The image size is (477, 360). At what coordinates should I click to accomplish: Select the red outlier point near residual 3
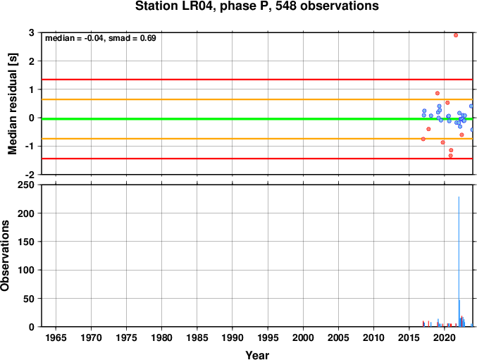point(456,35)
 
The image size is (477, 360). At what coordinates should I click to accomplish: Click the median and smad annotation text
point(100,38)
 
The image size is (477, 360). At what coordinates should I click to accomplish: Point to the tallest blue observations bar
point(459,261)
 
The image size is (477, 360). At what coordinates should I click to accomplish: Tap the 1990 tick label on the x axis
point(232,337)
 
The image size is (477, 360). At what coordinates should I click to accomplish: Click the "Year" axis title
point(257,355)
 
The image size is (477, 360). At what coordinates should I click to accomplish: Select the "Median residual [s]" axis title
point(13,104)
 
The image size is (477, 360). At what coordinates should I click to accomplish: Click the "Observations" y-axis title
point(5,256)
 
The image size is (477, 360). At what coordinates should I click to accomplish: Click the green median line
point(257,119)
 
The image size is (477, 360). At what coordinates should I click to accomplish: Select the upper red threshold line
point(257,80)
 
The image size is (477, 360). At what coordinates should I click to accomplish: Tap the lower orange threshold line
point(257,139)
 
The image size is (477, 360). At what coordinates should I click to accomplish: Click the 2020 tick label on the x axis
point(444,337)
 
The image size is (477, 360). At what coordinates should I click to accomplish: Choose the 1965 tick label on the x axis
point(56,337)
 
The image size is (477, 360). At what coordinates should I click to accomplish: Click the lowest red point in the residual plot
point(450,156)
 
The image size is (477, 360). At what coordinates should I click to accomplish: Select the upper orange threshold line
point(257,99)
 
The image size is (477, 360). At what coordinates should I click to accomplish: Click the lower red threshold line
point(257,159)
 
